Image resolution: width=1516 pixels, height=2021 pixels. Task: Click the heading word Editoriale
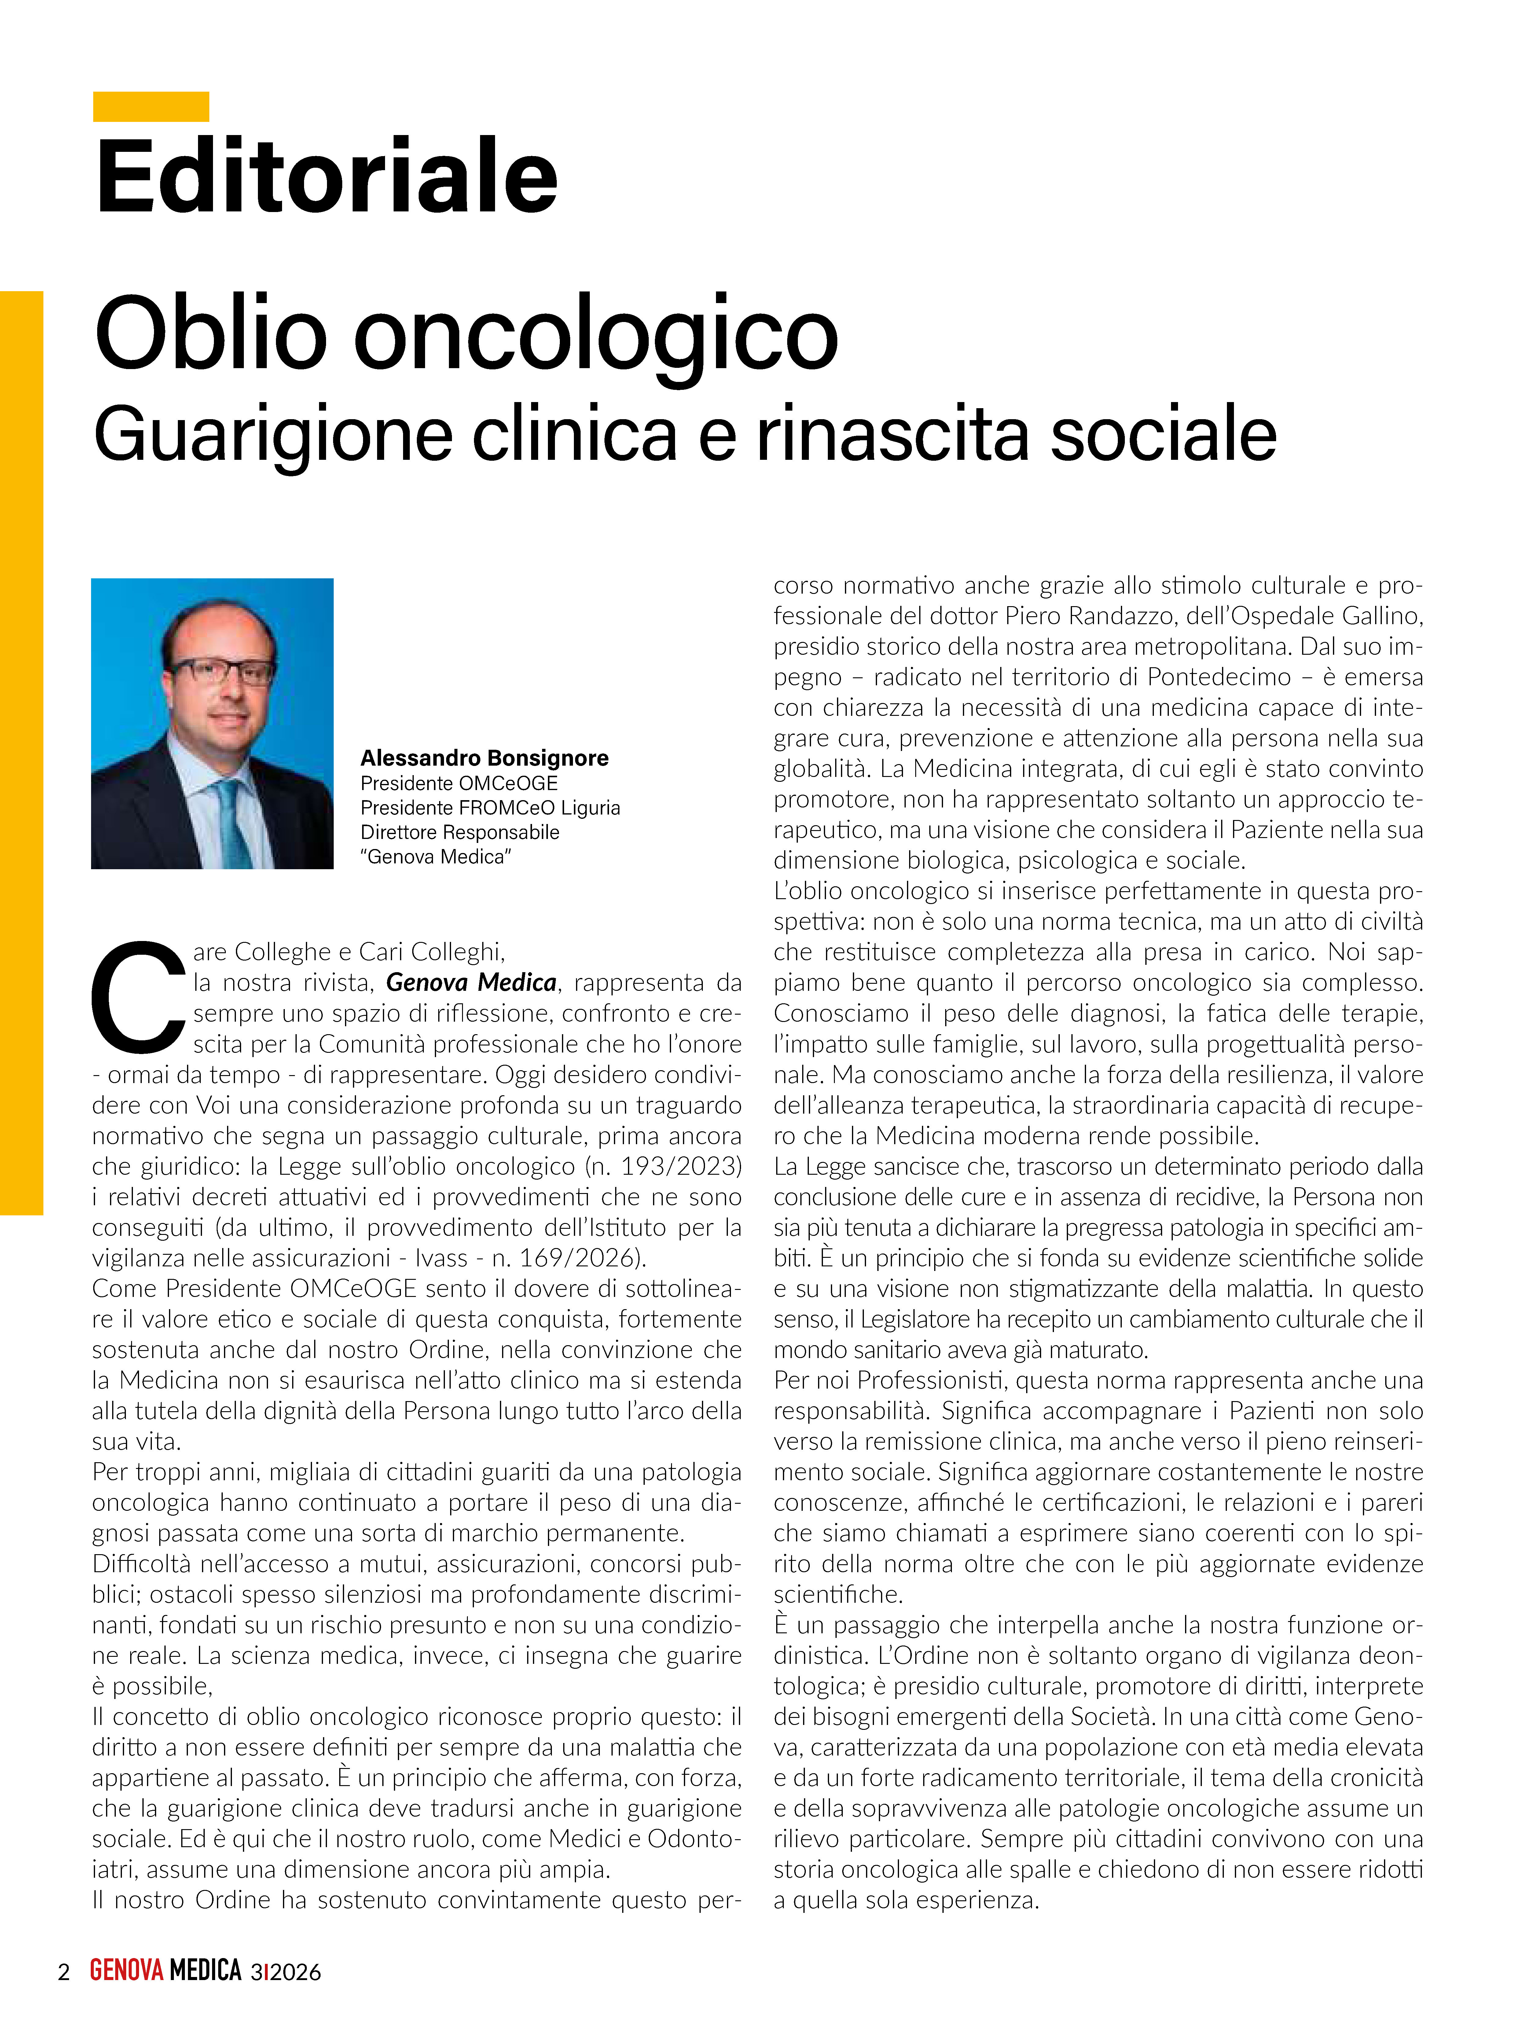326,175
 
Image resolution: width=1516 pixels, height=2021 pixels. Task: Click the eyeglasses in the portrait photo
222,672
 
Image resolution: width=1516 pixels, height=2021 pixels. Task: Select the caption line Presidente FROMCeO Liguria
490,808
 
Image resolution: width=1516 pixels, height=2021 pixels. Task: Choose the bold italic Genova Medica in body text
472,983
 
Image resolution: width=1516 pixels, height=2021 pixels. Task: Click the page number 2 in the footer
63,1972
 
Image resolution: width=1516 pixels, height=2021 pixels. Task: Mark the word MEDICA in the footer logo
206,1971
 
